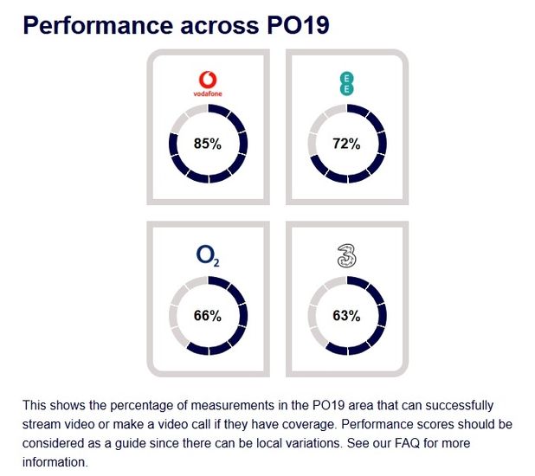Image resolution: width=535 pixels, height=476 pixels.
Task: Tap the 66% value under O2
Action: (x=208, y=316)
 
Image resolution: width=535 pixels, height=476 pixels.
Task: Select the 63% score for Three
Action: (x=346, y=316)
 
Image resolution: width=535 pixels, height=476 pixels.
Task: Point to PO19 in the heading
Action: (x=295, y=25)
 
